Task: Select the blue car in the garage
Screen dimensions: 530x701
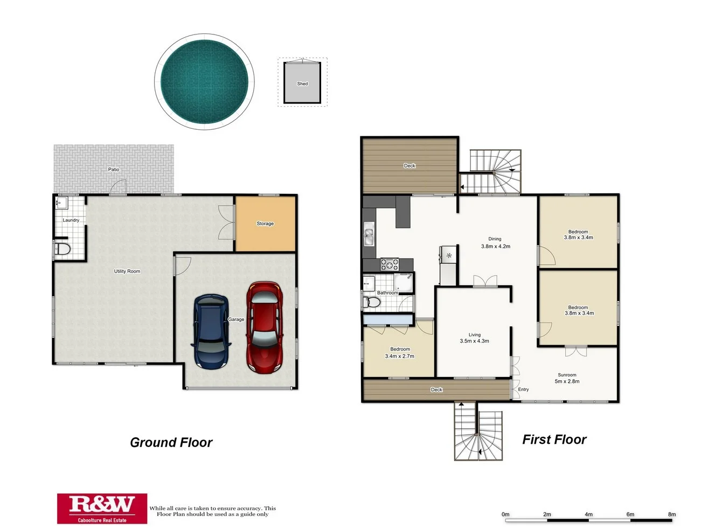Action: [x=211, y=331]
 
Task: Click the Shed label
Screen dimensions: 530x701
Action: [x=302, y=83]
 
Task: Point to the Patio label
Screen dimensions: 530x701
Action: [x=114, y=169]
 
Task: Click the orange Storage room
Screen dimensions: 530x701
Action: [x=265, y=224]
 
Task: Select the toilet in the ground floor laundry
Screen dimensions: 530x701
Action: [x=63, y=249]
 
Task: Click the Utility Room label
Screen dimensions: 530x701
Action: [x=127, y=271]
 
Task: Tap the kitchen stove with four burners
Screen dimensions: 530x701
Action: [x=390, y=264]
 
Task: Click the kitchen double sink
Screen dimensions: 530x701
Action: [x=369, y=236]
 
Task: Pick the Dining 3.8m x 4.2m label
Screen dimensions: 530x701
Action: [x=495, y=242]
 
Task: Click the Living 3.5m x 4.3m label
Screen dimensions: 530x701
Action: [x=474, y=338]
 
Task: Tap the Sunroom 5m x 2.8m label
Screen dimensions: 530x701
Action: [x=567, y=378]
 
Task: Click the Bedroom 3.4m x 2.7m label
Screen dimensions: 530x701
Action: [x=400, y=353]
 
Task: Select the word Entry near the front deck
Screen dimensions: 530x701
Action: [x=523, y=389]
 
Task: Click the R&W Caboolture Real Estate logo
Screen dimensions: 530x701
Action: [x=102, y=508]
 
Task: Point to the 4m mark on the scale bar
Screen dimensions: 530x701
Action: [x=588, y=514]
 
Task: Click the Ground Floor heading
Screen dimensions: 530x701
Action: [x=171, y=442]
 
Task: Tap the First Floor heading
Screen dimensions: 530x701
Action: [x=554, y=440]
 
